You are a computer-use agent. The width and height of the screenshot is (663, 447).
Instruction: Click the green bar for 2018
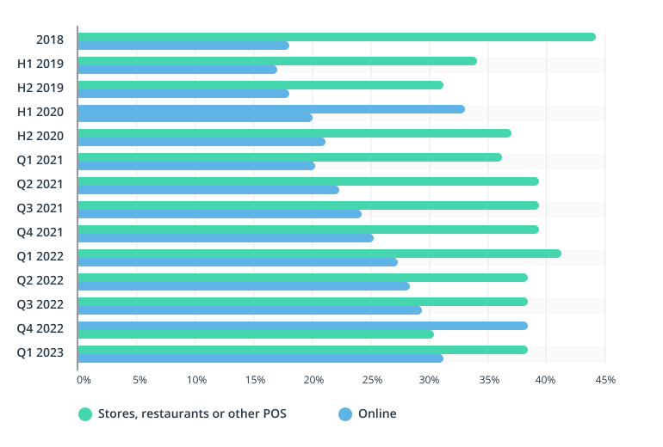pyautogui.click(x=336, y=37)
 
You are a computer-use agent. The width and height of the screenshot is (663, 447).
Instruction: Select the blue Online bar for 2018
pyautogui.click(x=183, y=46)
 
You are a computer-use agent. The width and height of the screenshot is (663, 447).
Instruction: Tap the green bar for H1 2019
pyautogui.click(x=276, y=61)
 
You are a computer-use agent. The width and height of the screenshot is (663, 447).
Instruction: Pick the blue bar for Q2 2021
pyautogui.click(x=208, y=190)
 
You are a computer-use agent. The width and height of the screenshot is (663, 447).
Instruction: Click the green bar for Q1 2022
pyautogui.click(x=319, y=254)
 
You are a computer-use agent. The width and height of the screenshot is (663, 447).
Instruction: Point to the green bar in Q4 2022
pyautogui.click(x=256, y=334)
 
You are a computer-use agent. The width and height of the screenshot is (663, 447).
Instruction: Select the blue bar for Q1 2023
pyautogui.click(x=260, y=358)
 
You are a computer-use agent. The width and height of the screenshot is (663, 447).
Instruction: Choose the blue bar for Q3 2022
pyautogui.click(x=250, y=310)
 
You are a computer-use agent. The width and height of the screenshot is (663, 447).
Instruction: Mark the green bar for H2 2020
pyautogui.click(x=294, y=133)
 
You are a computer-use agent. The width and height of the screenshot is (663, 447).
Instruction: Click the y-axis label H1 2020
pyautogui.click(x=40, y=111)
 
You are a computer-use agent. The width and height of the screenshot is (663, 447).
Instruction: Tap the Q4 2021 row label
pyautogui.click(x=40, y=231)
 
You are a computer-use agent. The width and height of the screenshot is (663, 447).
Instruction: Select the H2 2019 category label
pyautogui.click(x=40, y=87)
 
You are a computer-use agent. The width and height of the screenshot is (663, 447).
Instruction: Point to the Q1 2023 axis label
pyautogui.click(x=40, y=352)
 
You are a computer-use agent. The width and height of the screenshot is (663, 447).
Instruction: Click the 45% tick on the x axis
pyautogui.click(x=605, y=379)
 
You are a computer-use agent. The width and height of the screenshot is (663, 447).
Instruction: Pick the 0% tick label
pyautogui.click(x=84, y=379)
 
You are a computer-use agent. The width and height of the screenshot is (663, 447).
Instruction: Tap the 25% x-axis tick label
pyautogui.click(x=373, y=379)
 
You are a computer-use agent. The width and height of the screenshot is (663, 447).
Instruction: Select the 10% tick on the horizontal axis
pyautogui.click(x=196, y=379)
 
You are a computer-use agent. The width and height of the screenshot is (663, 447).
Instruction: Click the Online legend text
pyautogui.click(x=377, y=413)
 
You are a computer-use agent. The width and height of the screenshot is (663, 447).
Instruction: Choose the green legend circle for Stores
pyautogui.click(x=84, y=414)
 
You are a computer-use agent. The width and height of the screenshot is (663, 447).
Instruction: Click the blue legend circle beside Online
pyautogui.click(x=345, y=414)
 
